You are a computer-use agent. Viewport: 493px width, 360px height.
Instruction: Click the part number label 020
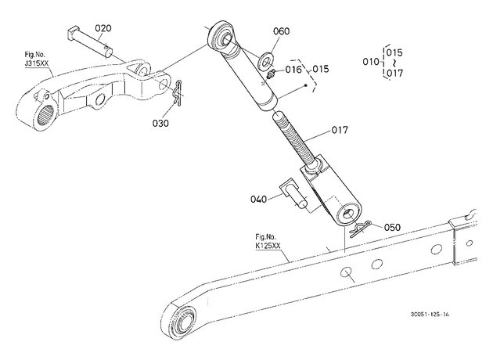pyautogui.click(x=103, y=28)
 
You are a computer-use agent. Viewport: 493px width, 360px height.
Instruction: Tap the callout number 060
pyautogui.click(x=281, y=31)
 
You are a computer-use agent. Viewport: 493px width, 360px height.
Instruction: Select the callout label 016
pyautogui.click(x=293, y=69)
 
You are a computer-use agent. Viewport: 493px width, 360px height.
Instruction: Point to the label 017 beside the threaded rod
pyautogui.click(x=340, y=130)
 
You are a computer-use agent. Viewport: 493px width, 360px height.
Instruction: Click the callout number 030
pyautogui.click(x=160, y=123)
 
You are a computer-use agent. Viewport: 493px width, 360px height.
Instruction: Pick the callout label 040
pyautogui.click(x=258, y=199)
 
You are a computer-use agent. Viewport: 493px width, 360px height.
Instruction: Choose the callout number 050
pyautogui.click(x=392, y=227)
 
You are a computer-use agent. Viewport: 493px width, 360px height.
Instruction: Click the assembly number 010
pyautogui.click(x=371, y=62)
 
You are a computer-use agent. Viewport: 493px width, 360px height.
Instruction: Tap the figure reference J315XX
pyautogui.click(x=37, y=63)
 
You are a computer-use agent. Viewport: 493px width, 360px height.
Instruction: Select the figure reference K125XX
pyautogui.click(x=268, y=246)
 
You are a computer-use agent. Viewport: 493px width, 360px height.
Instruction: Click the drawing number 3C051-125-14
pyautogui.click(x=430, y=314)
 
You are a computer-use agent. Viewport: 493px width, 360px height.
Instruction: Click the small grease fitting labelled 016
pyautogui.click(x=271, y=75)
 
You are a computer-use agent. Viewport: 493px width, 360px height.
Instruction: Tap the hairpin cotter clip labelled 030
pyautogui.click(x=177, y=92)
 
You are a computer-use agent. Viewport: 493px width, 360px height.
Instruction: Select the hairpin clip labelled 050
pyautogui.click(x=360, y=229)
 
